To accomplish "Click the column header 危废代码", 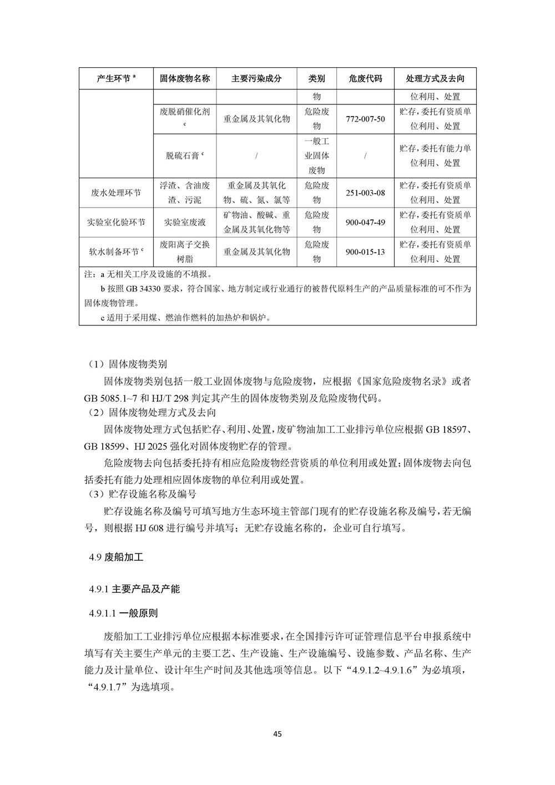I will click(365, 78).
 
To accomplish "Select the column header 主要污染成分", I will click(256, 78).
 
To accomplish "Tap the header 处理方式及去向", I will click(435, 78).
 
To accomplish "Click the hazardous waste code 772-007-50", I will click(365, 119).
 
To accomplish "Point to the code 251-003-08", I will click(365, 193).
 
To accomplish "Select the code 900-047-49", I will click(365, 222).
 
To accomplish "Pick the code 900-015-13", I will click(365, 252).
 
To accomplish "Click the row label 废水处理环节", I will click(115, 193).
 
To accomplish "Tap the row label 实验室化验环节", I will click(115, 222).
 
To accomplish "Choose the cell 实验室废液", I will click(185, 222).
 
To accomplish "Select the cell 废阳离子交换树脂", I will click(185, 252).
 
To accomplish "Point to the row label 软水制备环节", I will click(115, 252).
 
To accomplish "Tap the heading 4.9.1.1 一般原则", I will click(123, 613).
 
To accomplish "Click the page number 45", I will click(277, 734).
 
